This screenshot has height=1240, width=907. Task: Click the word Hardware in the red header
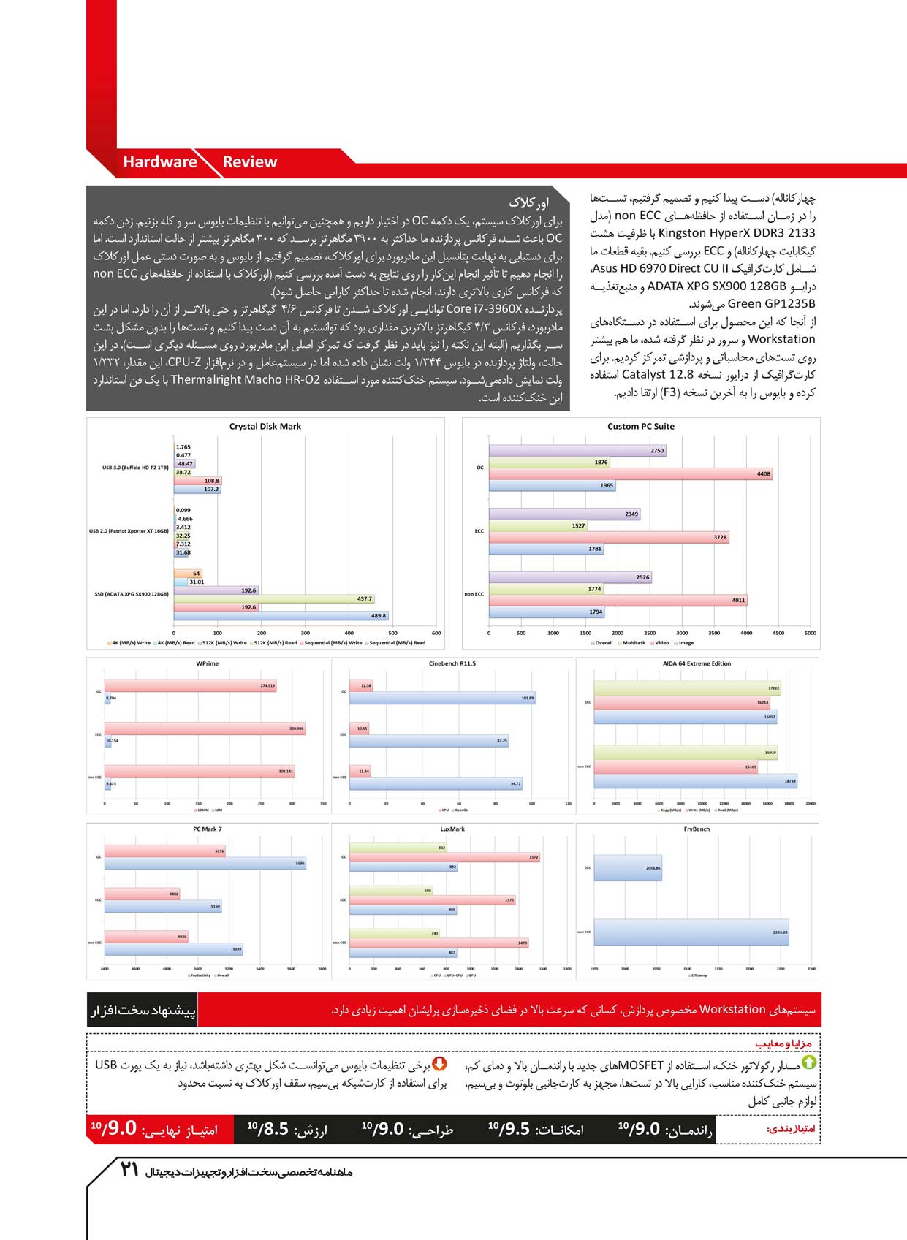click(159, 162)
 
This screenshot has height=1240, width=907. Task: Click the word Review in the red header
click(249, 162)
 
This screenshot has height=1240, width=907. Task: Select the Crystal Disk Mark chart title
click(265, 427)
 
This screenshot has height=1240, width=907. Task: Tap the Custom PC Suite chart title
click(641, 427)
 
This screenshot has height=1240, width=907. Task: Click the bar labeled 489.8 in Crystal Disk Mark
click(281, 616)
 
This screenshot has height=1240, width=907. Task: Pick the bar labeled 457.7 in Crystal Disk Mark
click(274, 599)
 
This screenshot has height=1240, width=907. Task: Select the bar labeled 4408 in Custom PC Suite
click(630, 474)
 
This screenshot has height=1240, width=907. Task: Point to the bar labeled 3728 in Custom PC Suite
click(608, 538)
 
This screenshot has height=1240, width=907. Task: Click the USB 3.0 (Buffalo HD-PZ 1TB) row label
click(135, 468)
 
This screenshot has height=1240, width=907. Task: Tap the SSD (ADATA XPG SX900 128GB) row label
click(132, 594)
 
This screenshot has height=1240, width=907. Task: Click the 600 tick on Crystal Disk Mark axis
click(436, 634)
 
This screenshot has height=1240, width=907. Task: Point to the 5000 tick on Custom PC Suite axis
click(810, 634)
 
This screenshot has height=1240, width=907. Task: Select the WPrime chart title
click(208, 664)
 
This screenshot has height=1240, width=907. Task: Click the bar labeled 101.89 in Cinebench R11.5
click(441, 699)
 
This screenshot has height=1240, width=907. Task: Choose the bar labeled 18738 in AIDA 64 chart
click(695, 781)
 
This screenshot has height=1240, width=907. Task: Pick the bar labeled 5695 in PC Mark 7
click(205, 864)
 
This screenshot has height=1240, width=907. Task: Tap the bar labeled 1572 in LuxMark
click(444, 858)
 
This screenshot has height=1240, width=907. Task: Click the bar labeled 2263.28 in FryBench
click(691, 932)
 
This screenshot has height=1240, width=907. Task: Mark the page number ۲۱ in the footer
click(129, 1170)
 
